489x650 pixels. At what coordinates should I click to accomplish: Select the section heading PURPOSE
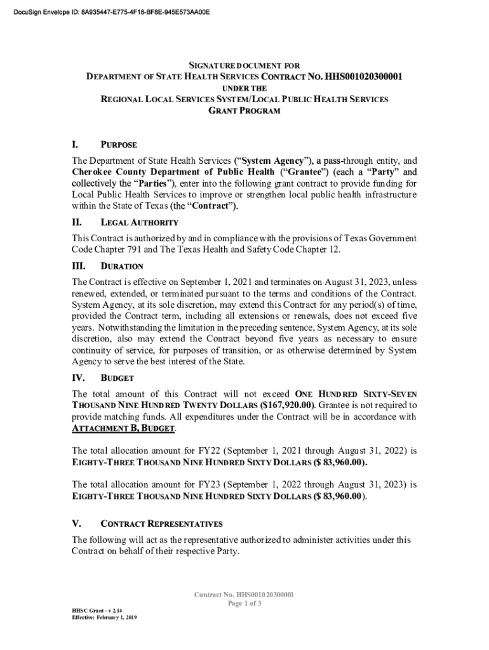pos(119,145)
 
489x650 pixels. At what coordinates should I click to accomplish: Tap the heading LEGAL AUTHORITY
pos(139,223)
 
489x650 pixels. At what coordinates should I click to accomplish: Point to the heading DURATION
pos(122,267)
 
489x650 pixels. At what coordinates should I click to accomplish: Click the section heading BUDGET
pos(117,378)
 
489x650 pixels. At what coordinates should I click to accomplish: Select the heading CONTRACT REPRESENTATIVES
pos(161,524)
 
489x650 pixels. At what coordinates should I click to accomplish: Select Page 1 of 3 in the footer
pos(245,604)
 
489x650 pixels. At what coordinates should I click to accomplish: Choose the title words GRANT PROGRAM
pos(245,111)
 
